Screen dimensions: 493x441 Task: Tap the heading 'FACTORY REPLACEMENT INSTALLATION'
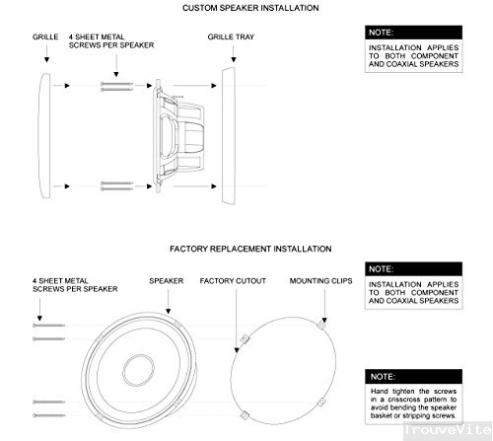[249, 250]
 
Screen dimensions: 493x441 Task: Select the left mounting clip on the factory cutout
[243, 339]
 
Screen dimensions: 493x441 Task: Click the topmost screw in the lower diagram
[49, 325]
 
